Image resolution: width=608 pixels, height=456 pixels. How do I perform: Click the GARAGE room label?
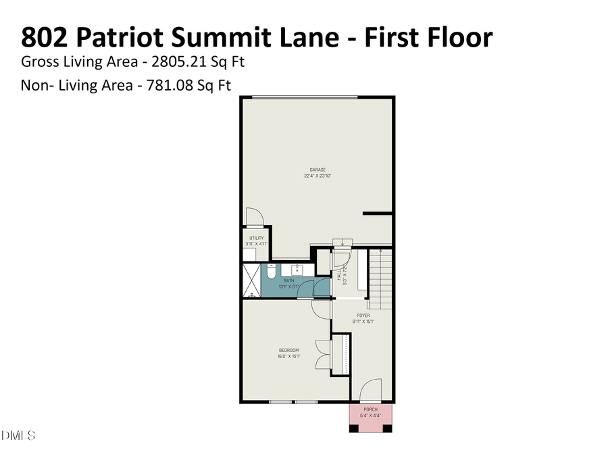point(318,170)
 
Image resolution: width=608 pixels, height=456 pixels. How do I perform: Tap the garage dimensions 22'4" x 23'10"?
point(318,176)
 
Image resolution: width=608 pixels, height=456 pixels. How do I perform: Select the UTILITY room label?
point(256,238)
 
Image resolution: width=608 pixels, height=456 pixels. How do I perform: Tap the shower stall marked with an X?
point(251,281)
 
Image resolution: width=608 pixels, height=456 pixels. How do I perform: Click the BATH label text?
point(288,280)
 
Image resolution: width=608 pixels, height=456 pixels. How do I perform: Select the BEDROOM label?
point(288,350)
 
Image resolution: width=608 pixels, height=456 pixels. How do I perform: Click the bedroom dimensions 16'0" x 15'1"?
point(288,356)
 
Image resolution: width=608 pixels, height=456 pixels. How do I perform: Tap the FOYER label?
point(363,315)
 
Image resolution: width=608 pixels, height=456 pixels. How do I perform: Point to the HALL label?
point(339,276)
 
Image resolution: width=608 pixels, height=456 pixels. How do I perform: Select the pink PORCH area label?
point(371,409)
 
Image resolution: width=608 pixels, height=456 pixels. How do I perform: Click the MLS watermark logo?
point(18,435)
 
